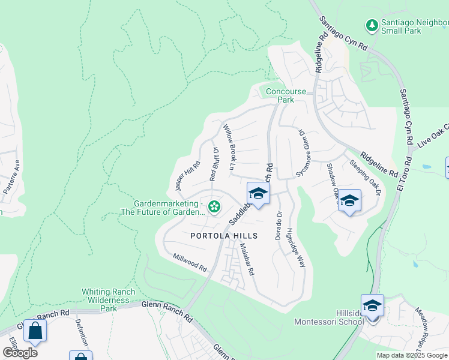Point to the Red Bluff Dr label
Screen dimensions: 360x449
point(214,163)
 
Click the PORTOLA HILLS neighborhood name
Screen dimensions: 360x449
point(224,236)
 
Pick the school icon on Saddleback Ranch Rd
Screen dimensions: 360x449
point(258,194)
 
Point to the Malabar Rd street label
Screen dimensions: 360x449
point(247,259)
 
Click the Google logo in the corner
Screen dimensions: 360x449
point(20,352)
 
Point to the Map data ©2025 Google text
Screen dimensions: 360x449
point(411,355)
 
